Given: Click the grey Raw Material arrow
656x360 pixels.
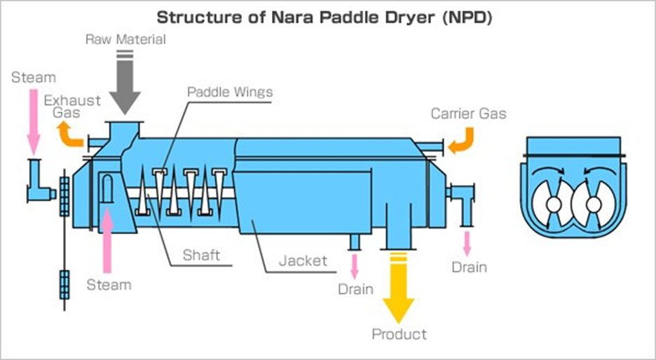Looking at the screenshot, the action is coord(125,83).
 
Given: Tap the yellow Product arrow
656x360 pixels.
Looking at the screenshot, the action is coord(398,288).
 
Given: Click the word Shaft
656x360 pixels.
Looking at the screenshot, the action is coord(201,255).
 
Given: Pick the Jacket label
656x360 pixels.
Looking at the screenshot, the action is coord(303,261).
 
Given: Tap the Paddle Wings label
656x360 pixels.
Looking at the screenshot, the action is coord(230,92).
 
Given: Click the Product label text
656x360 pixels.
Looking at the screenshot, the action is coord(399,334).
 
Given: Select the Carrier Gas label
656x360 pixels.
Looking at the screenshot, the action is coord(469,113).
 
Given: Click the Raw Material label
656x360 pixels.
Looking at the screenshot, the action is coord(125,39).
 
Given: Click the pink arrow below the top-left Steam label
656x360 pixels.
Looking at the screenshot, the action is coord(34,121).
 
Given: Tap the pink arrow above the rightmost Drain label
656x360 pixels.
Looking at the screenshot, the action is coord(467,243).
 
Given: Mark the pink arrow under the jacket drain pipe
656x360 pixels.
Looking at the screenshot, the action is coord(355,266).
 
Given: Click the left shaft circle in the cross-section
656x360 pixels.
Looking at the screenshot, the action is coord(553,205).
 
